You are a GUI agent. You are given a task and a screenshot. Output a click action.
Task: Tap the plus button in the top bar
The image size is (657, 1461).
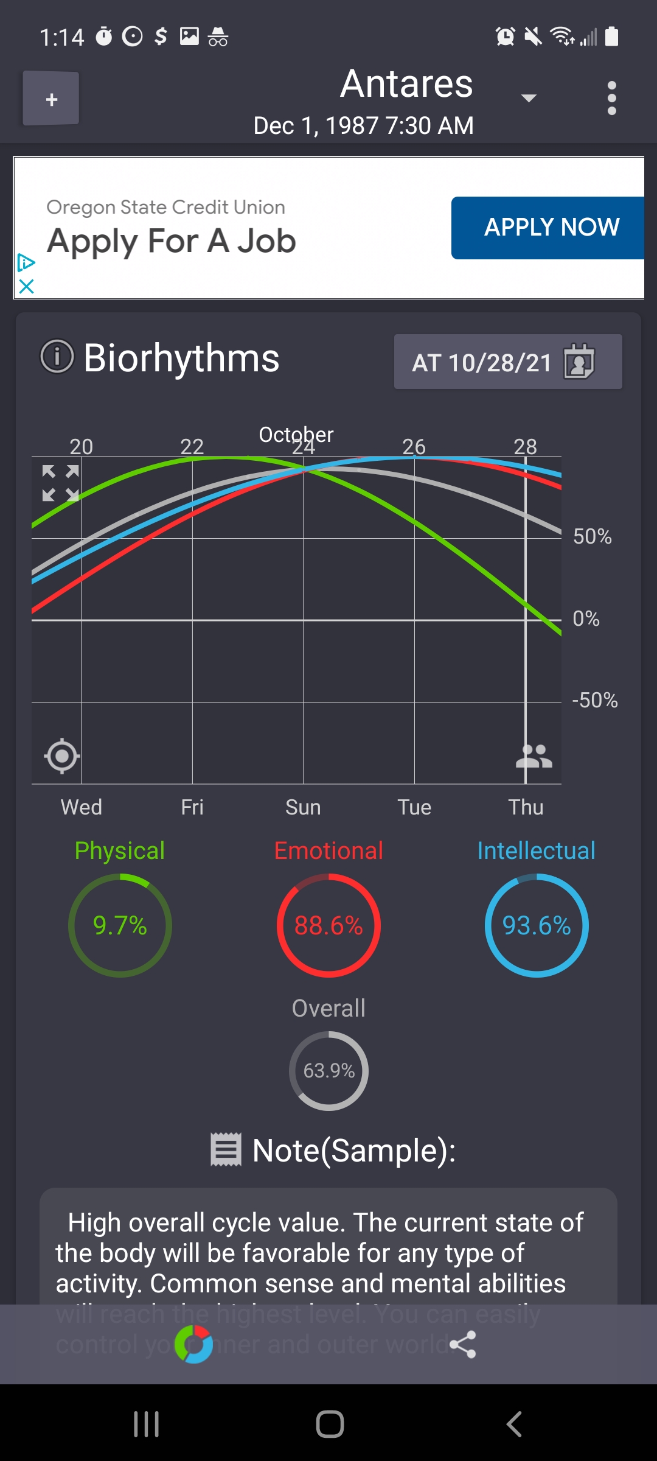tap(51, 99)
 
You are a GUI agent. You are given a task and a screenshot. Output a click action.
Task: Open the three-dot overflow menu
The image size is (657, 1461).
tap(611, 98)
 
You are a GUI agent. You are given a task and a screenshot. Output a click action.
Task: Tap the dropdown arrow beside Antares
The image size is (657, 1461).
tap(529, 98)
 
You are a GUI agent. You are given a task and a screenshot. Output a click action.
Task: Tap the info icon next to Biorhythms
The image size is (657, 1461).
tap(57, 356)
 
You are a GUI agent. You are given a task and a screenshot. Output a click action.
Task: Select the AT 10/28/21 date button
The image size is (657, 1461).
tap(507, 362)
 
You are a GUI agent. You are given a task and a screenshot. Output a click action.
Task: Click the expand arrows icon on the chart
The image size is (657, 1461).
tap(60, 483)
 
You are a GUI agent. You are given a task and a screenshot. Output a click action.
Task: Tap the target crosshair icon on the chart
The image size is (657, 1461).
tap(61, 756)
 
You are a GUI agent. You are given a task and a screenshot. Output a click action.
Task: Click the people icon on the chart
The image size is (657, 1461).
tap(534, 756)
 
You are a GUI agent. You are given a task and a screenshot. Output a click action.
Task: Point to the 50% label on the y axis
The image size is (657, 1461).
tap(592, 536)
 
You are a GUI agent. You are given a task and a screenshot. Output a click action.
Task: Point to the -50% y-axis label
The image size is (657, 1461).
tap(594, 701)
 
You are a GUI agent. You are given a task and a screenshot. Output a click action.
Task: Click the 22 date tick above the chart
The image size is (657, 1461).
tap(192, 447)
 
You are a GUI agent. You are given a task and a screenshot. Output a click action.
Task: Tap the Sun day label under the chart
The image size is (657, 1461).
tap(303, 807)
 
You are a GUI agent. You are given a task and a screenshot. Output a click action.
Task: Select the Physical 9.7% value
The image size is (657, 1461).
tap(120, 925)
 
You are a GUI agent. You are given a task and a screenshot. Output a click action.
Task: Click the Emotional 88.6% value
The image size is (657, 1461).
tap(328, 925)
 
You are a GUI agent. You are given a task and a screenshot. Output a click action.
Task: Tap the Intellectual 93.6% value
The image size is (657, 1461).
tap(536, 925)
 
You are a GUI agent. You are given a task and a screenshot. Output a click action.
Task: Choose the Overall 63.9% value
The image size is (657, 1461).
tap(328, 1071)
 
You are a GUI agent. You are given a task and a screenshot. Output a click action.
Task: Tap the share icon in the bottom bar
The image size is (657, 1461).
tap(462, 1345)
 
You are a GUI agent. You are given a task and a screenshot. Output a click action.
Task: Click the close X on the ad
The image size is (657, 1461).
tap(26, 286)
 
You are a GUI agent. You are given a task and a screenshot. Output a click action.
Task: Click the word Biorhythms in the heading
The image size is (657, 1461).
tap(181, 358)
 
